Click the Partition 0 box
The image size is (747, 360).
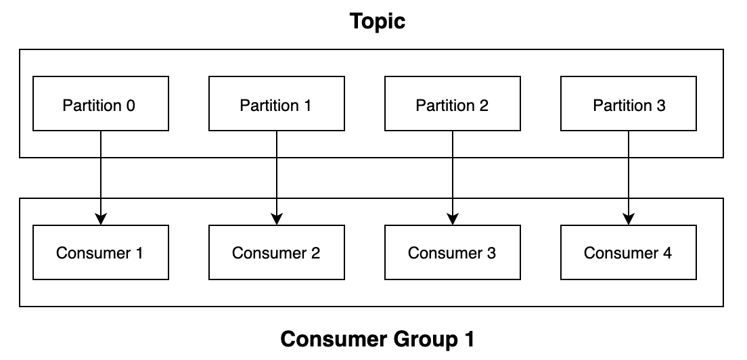[100, 104]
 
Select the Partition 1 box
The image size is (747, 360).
[276, 104]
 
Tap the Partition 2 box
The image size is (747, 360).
[452, 104]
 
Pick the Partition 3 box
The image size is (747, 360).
[628, 104]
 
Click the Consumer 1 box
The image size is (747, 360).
[100, 252]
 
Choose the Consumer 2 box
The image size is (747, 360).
[276, 252]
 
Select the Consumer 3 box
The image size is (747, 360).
[452, 252]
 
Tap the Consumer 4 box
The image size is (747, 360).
[628, 252]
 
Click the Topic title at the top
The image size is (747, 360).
[378, 21]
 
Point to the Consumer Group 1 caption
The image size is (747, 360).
[378, 339]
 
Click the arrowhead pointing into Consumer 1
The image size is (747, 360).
[101, 219]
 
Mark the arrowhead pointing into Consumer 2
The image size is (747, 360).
[277, 219]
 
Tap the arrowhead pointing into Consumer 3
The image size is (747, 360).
[453, 219]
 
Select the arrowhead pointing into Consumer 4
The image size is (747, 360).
[629, 219]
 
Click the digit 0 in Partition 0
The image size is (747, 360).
[131, 106]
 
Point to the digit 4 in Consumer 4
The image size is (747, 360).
[667, 253]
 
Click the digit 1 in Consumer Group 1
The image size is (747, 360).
[469, 339]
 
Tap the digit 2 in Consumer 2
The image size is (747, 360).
[315, 253]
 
